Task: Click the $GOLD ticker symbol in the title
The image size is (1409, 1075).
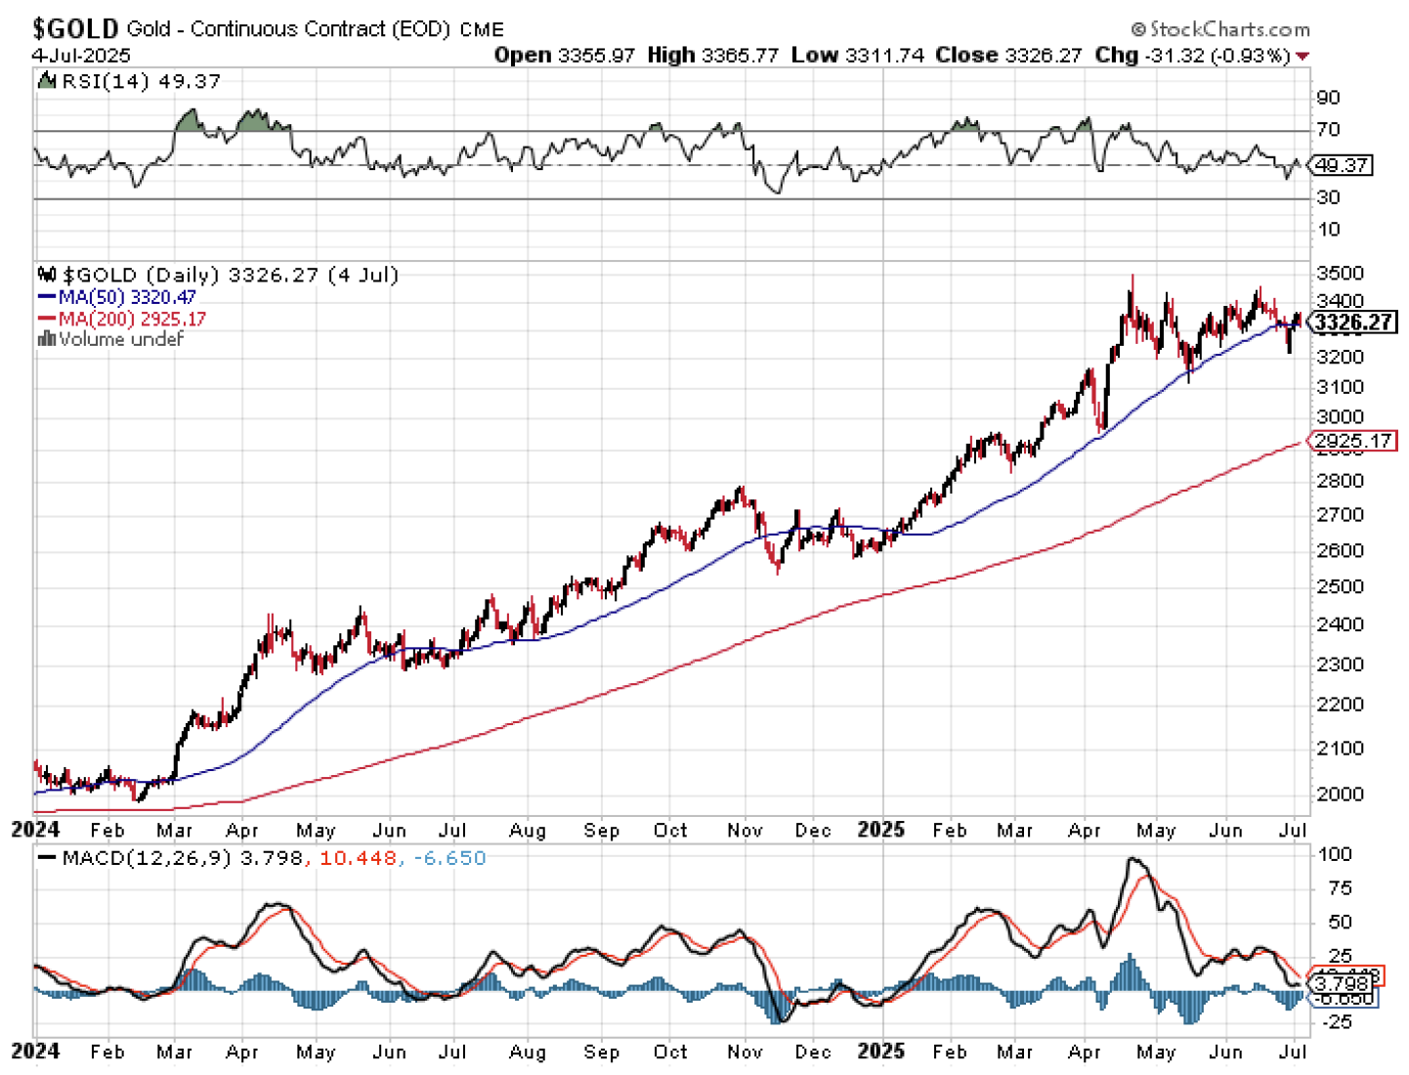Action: [75, 28]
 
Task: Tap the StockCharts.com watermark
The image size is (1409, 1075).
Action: [1221, 29]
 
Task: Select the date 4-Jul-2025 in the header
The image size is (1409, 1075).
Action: [80, 55]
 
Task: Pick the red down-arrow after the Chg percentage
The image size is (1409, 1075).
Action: [1302, 56]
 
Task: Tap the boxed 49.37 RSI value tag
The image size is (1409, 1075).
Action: [1342, 165]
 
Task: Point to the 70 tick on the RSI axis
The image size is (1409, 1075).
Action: [1328, 129]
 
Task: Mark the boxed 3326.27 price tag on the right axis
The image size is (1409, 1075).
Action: [1353, 322]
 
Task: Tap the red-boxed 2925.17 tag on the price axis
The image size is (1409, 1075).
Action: [1353, 441]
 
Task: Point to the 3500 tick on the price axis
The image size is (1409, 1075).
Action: [1340, 273]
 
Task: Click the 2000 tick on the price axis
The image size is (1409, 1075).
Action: [1340, 794]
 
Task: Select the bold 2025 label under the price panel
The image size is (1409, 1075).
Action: [880, 830]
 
